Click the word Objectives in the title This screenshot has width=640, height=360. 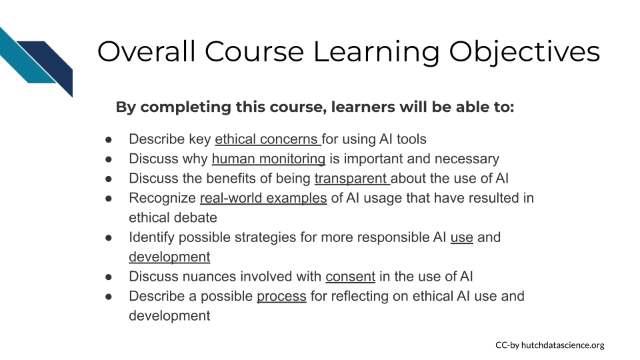tap(524, 52)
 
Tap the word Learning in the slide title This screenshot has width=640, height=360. tap(376, 52)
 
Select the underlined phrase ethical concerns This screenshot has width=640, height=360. tap(268, 139)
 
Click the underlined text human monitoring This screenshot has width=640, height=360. tap(269, 159)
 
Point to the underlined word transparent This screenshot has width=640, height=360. tap(352, 179)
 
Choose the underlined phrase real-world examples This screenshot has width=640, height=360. tap(263, 198)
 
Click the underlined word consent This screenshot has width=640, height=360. tap(350, 276)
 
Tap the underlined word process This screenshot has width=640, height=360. tap(281, 296)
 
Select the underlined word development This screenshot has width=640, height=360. tap(169, 257)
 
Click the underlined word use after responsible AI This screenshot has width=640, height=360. tap(461, 237)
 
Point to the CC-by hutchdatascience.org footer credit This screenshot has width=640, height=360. tap(550, 345)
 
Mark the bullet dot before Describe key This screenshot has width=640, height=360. tap(109, 139)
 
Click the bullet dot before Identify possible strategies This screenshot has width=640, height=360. tap(109, 237)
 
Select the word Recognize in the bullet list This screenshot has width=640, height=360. tap(163, 199)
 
